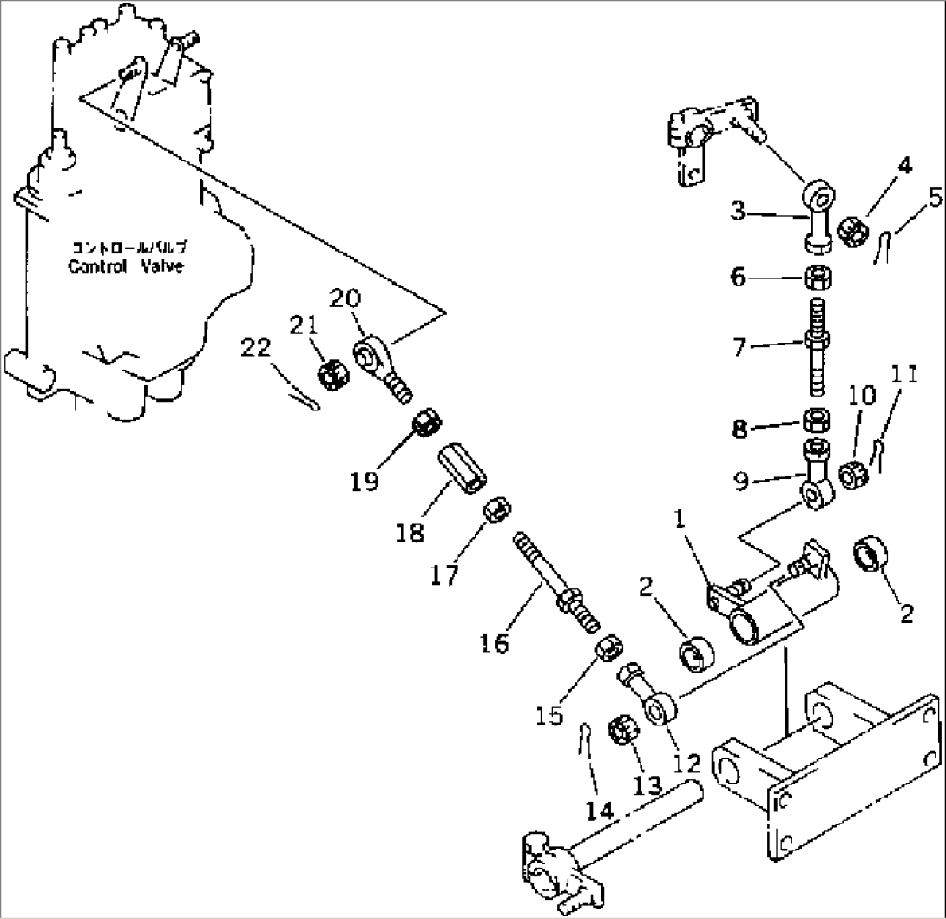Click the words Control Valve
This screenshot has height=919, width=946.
(126, 266)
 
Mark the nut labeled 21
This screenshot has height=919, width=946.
(332, 376)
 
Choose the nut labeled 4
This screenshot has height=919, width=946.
(857, 230)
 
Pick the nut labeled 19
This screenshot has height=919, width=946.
(427, 423)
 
